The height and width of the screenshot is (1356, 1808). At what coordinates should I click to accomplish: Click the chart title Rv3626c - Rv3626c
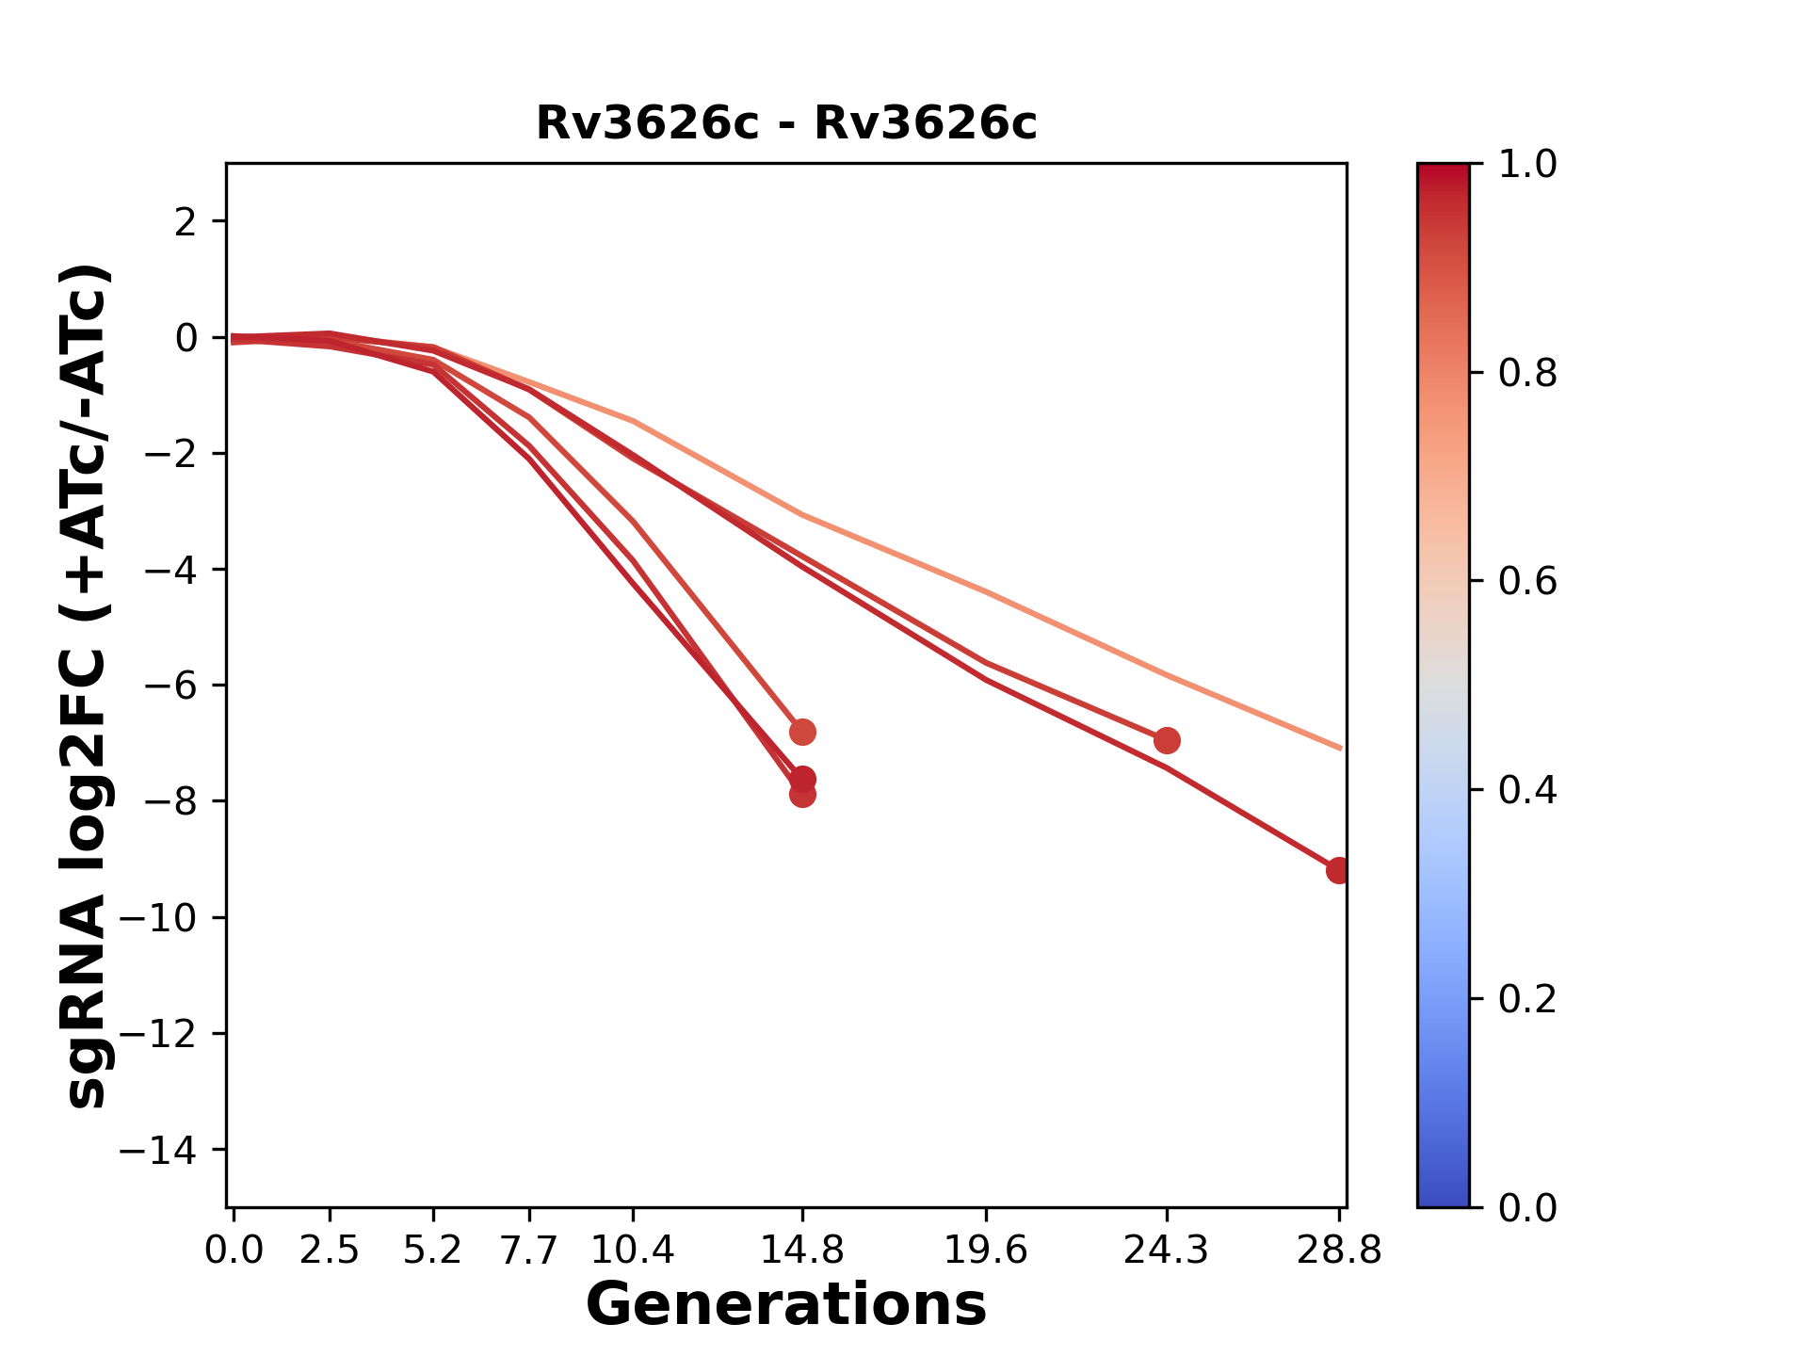pyautogui.click(x=785, y=123)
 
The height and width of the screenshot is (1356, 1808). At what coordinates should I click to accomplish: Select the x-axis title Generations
pyautogui.click(x=785, y=1304)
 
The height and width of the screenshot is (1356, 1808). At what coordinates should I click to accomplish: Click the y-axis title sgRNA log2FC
pyautogui.click(x=87, y=686)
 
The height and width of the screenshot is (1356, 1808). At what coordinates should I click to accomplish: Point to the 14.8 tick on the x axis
pyautogui.click(x=801, y=1251)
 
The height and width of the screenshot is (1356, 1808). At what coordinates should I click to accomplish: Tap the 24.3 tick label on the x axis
pyautogui.click(x=1166, y=1251)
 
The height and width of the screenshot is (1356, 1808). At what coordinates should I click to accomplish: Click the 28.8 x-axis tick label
pyautogui.click(x=1338, y=1251)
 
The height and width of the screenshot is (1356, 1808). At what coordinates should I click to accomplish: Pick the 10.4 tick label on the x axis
pyautogui.click(x=632, y=1251)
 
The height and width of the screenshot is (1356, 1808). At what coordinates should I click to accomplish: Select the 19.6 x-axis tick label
pyautogui.click(x=985, y=1251)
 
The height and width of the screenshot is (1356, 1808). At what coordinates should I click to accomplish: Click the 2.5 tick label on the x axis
pyautogui.click(x=330, y=1251)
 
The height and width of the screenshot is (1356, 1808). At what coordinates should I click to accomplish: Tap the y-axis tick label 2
pyautogui.click(x=186, y=222)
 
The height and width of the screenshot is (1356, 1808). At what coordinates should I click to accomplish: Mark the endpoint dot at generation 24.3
pyautogui.click(x=1167, y=740)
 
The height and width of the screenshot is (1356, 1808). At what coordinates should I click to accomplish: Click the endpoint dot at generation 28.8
pyautogui.click(x=1338, y=871)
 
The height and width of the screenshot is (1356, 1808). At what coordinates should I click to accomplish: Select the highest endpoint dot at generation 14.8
pyautogui.click(x=802, y=732)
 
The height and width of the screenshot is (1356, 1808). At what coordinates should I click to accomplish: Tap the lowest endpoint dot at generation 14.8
pyautogui.click(x=802, y=795)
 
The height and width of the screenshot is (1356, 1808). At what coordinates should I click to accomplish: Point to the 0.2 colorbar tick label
pyautogui.click(x=1527, y=998)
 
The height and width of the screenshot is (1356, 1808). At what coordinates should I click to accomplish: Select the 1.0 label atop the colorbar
pyautogui.click(x=1527, y=165)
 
